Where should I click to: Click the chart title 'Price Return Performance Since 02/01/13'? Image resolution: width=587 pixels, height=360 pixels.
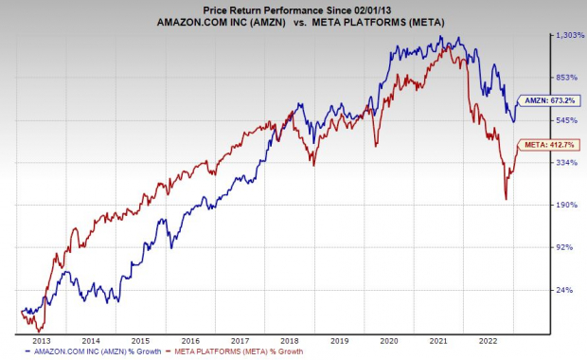tap(293, 8)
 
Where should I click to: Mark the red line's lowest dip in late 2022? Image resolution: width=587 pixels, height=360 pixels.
tap(507, 199)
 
